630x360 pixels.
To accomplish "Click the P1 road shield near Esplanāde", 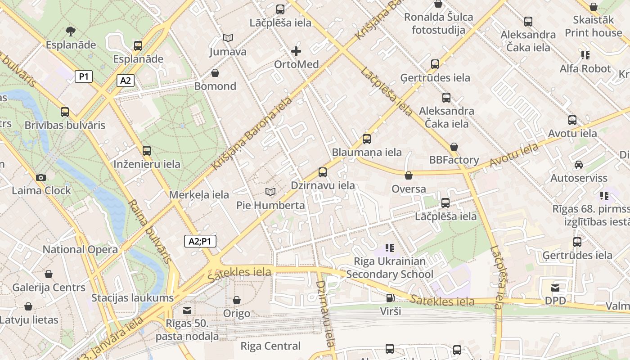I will [x=84, y=76].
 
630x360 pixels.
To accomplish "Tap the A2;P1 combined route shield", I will [x=200, y=242].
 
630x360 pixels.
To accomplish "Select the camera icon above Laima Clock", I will [x=41, y=177].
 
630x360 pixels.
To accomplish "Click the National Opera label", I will [x=80, y=249].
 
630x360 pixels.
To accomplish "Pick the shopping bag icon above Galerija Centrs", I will [x=49, y=274].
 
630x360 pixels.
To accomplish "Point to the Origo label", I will [x=237, y=313].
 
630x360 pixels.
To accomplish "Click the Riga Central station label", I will [x=270, y=346].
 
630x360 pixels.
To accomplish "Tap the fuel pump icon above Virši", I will [x=390, y=298].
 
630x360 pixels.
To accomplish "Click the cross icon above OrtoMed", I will [x=296, y=51].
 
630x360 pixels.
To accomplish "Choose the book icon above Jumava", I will [x=228, y=38].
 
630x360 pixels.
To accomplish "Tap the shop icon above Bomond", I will [x=215, y=73].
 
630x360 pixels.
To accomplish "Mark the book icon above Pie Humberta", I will [x=270, y=192].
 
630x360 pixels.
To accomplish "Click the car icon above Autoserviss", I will [x=579, y=165].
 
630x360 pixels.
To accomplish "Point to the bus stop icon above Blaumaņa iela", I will [x=367, y=139].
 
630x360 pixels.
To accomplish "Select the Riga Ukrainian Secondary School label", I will [x=390, y=268].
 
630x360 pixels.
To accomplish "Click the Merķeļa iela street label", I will [x=199, y=195].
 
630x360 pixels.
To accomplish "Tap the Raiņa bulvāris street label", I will [x=150, y=231].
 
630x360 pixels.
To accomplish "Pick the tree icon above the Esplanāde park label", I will [x=70, y=31].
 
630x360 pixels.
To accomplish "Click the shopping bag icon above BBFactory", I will [x=454, y=147].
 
